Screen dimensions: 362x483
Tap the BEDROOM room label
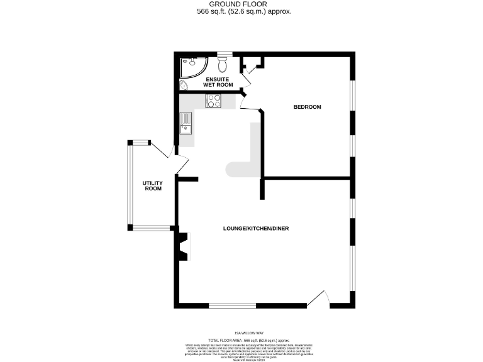coord(308,107)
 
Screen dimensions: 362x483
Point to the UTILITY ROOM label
coord(153,185)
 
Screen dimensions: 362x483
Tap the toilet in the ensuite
coord(222,65)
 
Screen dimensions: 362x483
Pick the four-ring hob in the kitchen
coord(213,101)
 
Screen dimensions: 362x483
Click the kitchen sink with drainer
coord(187,123)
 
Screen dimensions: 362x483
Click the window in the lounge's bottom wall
coord(232,306)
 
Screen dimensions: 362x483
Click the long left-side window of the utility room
coord(130,185)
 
